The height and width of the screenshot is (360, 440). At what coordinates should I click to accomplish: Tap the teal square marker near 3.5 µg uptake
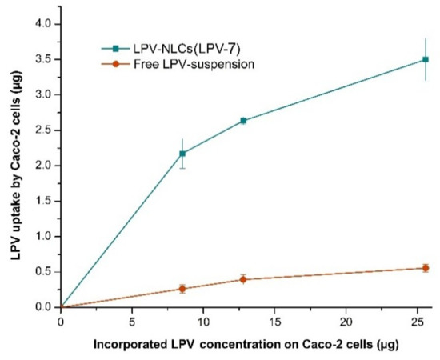426,59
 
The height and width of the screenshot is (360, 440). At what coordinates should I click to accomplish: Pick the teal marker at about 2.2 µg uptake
182,154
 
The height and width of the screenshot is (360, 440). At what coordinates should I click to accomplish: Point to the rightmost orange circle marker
426,268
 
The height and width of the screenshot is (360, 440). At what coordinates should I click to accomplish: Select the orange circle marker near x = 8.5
182,289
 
